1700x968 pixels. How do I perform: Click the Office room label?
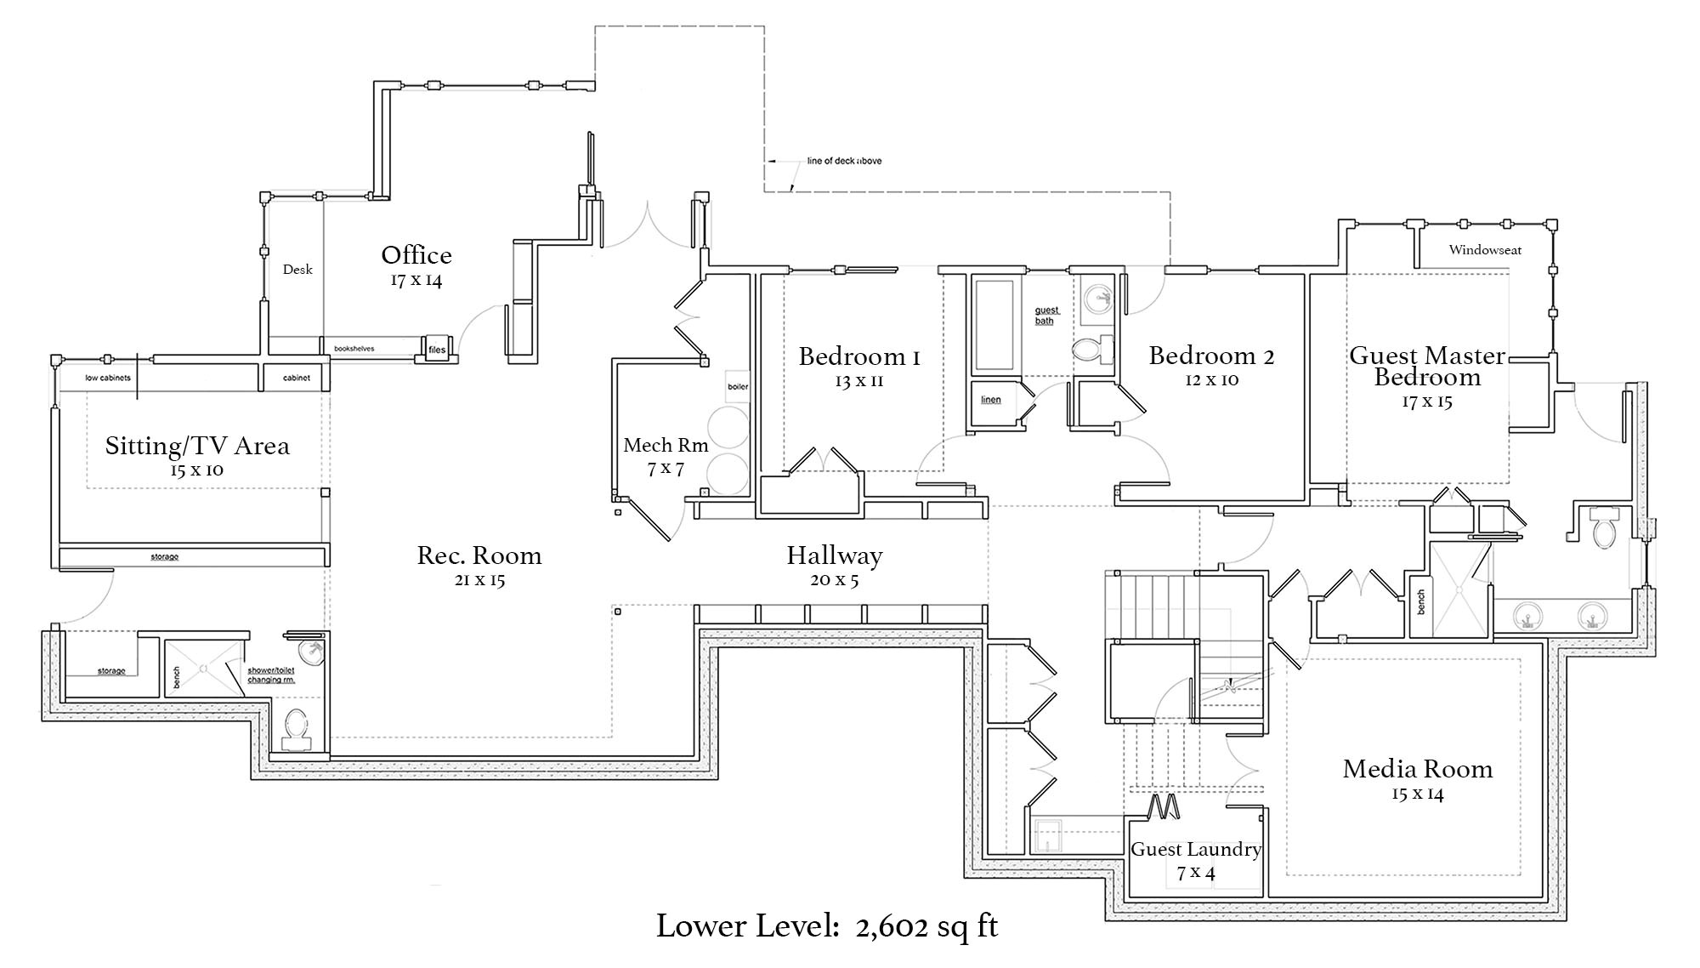[416, 255]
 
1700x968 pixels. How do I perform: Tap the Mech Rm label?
[666, 445]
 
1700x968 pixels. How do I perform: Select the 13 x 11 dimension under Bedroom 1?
[858, 381]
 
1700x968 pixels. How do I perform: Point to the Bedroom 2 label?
[1211, 356]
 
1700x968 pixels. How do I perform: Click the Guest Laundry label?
[1195, 849]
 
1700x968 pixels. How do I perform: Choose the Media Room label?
[1417, 769]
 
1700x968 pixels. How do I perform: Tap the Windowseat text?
[1485, 250]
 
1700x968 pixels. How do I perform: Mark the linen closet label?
[991, 400]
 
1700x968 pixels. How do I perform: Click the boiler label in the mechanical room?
[738, 387]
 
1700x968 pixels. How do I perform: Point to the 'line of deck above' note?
[843, 161]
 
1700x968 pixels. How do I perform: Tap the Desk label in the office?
[297, 270]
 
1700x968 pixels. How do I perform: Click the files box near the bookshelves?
[436, 349]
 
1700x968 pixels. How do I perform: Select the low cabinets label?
[107, 378]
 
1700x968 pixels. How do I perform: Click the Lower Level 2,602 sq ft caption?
[826, 926]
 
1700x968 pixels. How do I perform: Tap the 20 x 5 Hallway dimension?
[834, 580]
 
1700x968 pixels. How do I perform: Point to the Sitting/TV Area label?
[197, 446]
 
